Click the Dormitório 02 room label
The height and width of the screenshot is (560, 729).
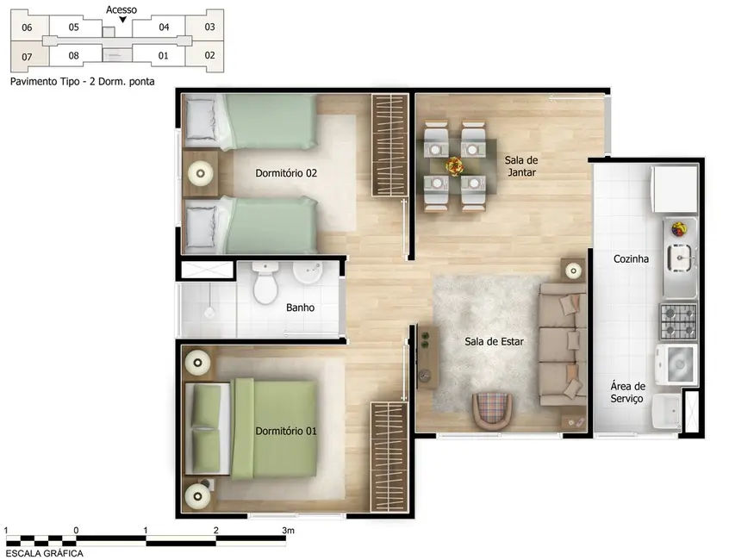pos(286,173)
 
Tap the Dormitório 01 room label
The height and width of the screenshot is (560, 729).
pos(286,430)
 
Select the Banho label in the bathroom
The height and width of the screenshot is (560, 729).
pos(299,308)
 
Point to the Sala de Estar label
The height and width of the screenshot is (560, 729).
pos(494,341)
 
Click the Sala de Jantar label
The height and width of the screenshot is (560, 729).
pos(522,166)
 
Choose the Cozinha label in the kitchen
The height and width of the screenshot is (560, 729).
pos(631,258)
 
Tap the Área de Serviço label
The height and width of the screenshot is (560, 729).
pos(627,393)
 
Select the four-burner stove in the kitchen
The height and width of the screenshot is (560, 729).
pos(678,321)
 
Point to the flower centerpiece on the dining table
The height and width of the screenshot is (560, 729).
pos(453,164)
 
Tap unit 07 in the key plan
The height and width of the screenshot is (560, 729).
pos(28,58)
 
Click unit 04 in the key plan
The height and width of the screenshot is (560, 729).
pos(164,27)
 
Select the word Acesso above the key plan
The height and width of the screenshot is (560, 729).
pos(121,9)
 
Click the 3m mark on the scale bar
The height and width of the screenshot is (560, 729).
pos(287,530)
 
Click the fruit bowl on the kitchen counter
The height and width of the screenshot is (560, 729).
pos(679,228)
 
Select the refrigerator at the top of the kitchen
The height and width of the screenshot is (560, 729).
pos(674,188)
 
